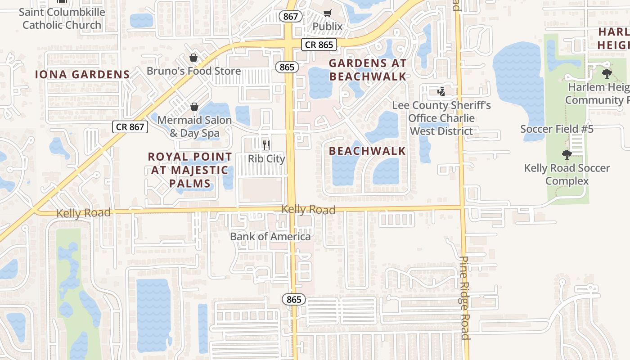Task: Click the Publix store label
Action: click(328, 27)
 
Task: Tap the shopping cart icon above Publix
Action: click(328, 13)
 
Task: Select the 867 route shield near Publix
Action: click(291, 17)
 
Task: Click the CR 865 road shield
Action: click(319, 45)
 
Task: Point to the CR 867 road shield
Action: click(130, 127)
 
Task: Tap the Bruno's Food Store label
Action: click(193, 71)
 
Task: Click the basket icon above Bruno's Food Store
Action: click(193, 58)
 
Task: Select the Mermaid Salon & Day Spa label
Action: click(194, 126)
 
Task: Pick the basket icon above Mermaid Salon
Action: click(194, 107)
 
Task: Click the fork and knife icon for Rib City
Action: click(266, 145)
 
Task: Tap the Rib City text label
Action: click(266, 159)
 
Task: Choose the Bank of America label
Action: click(270, 236)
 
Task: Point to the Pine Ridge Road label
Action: click(465, 298)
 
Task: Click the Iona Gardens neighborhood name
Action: click(82, 75)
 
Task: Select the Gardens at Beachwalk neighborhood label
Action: click(368, 70)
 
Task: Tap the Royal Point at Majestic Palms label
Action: click(190, 170)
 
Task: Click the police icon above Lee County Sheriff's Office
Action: click(441, 92)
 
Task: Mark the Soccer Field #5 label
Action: click(557, 129)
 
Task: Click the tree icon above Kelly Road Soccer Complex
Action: click(567, 155)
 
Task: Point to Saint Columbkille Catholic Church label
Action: click(62, 18)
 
